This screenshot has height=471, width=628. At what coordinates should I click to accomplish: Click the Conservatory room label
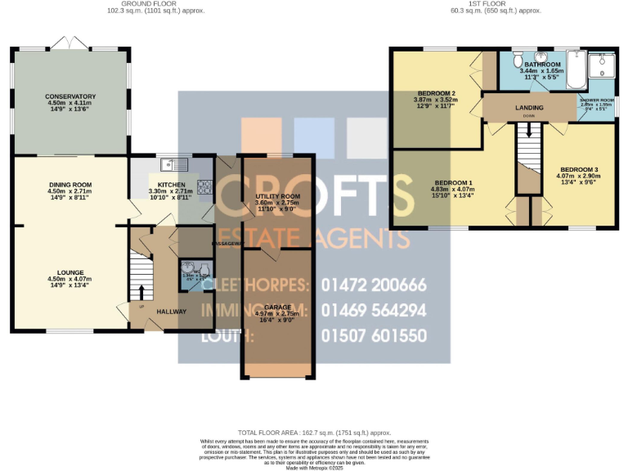(70, 96)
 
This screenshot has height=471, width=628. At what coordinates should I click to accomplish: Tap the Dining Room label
(70, 185)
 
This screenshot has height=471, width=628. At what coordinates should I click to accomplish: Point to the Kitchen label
(172, 185)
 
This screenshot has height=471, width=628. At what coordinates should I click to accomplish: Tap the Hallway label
(172, 312)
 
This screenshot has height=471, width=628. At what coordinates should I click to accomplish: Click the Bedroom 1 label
(453, 182)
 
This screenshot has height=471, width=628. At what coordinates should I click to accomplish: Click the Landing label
(529, 107)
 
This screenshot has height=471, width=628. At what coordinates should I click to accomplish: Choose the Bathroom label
(542, 65)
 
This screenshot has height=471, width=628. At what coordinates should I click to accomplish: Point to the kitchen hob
(205, 190)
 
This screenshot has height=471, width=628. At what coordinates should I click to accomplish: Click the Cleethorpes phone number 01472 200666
(375, 285)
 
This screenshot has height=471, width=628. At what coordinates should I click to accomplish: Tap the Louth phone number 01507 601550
(375, 335)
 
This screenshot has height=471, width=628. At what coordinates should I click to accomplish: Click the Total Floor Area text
(314, 432)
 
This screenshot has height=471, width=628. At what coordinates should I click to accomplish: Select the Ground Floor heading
(155, 4)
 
